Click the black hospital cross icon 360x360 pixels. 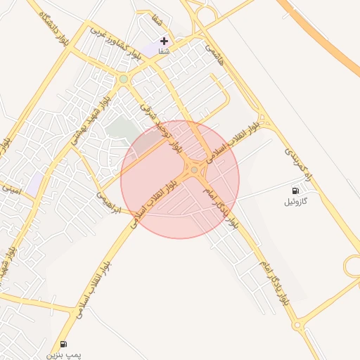(x=164, y=41)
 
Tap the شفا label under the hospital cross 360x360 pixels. (x=164, y=51)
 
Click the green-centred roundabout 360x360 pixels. (x=124, y=79)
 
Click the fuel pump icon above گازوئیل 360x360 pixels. (x=295, y=191)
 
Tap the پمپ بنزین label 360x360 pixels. (x=64, y=355)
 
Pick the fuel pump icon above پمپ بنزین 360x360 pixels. (x=64, y=344)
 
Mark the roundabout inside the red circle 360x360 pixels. (x=194, y=169)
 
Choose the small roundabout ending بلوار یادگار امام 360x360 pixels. (x=297, y=325)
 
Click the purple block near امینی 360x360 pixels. (x=33, y=185)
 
